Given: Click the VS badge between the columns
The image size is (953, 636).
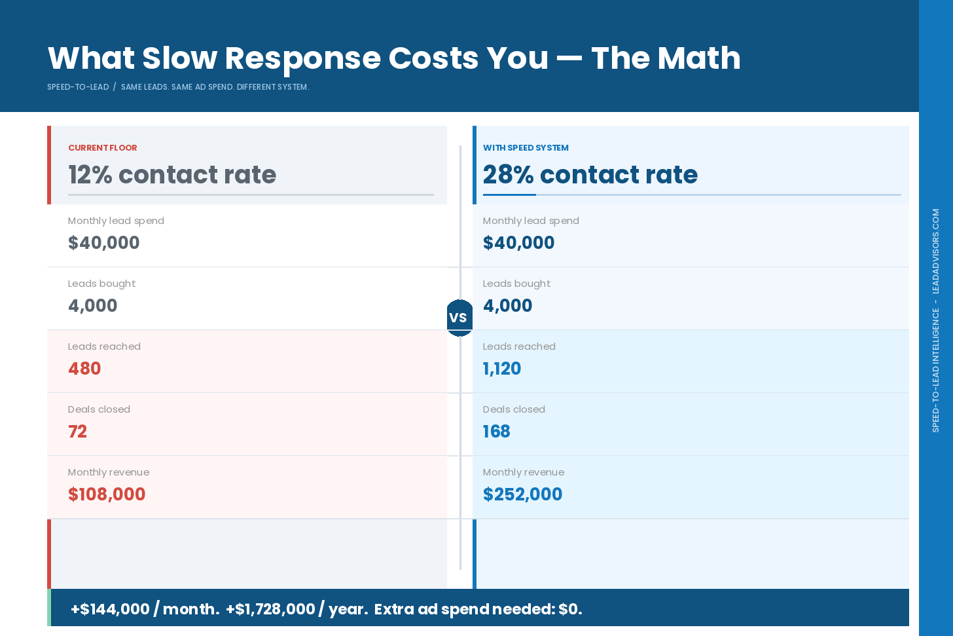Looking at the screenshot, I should [x=459, y=318].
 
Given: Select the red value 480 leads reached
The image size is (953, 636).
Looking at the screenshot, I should [x=84, y=369].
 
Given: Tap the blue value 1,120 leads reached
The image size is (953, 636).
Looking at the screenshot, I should [x=501, y=369].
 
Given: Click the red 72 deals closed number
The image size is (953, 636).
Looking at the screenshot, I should [x=77, y=432].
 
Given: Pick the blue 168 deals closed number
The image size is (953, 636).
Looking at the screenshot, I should [x=496, y=432].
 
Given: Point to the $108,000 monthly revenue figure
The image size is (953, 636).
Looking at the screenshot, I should [x=107, y=495].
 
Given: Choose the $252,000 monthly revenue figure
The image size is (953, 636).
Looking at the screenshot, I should [x=522, y=495].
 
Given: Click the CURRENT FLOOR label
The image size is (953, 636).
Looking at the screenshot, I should [x=103, y=148].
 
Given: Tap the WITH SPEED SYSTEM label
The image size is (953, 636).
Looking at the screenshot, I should [x=526, y=148].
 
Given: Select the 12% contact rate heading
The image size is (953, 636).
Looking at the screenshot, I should [x=172, y=175].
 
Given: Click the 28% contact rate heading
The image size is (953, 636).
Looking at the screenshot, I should [x=590, y=175].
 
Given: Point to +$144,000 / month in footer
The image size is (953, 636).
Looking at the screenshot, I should [x=145, y=609].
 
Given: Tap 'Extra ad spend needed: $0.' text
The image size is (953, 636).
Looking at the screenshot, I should [x=478, y=609].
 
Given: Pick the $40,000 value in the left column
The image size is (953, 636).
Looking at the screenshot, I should [x=103, y=243].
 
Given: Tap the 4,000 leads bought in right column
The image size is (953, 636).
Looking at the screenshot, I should [x=507, y=306].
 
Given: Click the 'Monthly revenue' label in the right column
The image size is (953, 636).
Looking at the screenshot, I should [x=523, y=472].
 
